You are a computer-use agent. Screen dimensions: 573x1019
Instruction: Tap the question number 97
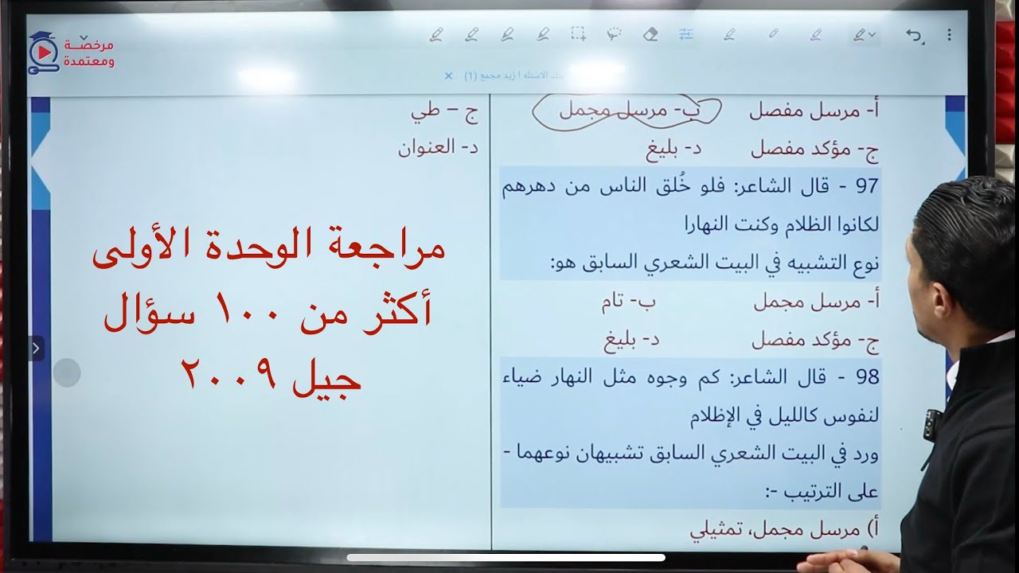tap(867, 186)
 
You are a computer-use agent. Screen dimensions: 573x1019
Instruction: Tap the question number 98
tap(867, 376)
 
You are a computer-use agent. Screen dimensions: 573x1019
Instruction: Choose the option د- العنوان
tap(438, 147)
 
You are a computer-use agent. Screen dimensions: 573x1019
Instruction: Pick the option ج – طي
tap(444, 111)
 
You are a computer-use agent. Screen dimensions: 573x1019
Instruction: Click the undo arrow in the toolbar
tap(914, 35)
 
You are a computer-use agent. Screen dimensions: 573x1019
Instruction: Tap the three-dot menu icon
tap(949, 35)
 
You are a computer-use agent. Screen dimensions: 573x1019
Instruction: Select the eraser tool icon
tap(650, 35)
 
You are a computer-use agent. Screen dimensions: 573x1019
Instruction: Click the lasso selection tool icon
tap(614, 35)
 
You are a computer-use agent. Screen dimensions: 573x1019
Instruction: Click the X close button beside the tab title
tap(448, 76)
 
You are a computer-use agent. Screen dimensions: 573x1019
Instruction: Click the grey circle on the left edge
tap(67, 372)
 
